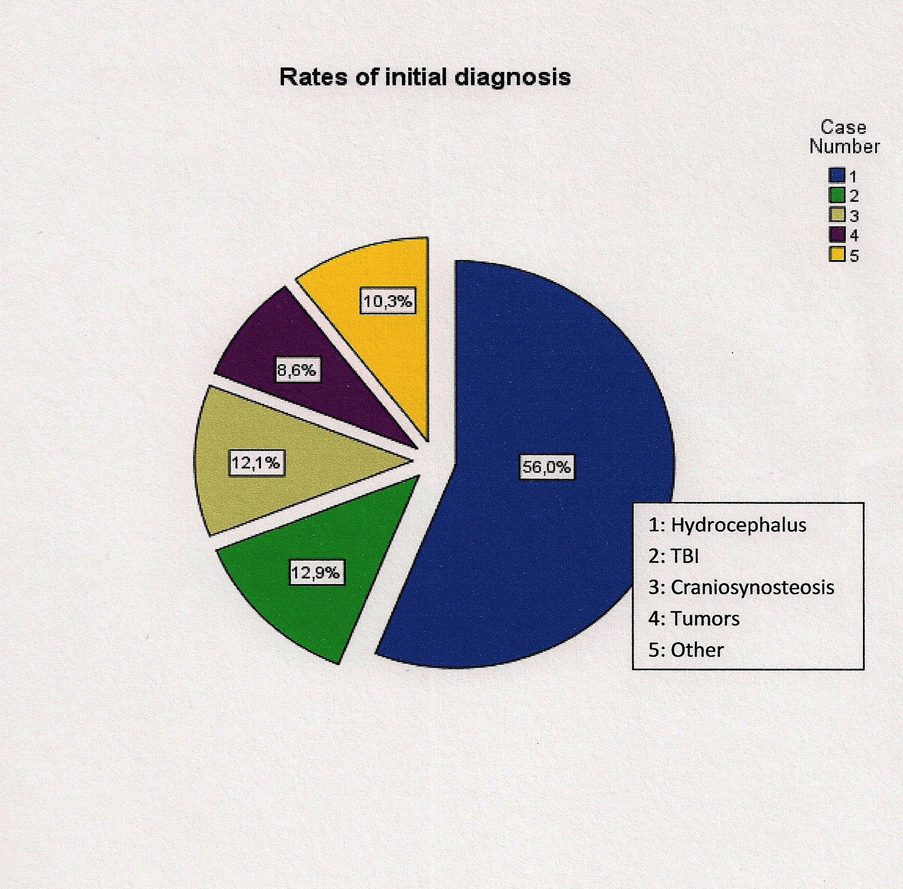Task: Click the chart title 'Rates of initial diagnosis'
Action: point(425,77)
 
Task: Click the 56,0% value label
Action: point(546,467)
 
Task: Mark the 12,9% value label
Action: point(316,572)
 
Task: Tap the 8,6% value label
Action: point(297,370)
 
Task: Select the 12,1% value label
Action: point(256,462)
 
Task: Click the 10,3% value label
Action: point(388,301)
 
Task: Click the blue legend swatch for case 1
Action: point(837,175)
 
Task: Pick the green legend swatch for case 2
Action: point(837,195)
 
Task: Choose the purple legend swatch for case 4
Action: point(837,235)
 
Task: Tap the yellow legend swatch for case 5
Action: point(837,254)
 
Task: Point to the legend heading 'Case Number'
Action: point(844,137)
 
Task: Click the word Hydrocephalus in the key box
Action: point(738,525)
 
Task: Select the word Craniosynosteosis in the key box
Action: point(752,587)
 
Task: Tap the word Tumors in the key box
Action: point(705,619)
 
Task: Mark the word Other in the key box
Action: point(697,650)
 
